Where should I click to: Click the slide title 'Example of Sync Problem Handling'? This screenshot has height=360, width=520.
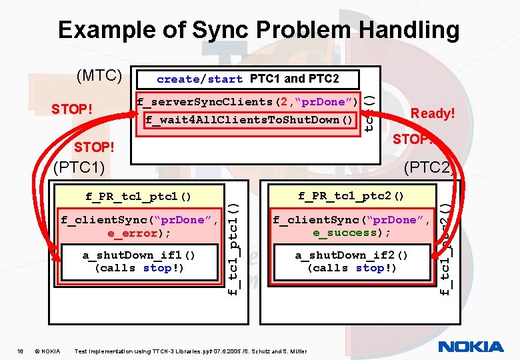(259, 30)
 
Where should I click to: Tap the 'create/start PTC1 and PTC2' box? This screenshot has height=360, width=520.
(247, 79)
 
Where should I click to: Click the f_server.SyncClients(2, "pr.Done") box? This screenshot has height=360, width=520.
(247, 102)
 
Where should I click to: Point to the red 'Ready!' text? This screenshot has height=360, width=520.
(433, 113)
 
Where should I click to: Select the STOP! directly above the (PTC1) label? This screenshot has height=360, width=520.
(93, 146)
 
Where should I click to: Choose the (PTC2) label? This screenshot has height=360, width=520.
(428, 166)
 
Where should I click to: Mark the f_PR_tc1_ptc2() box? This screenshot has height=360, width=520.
(351, 196)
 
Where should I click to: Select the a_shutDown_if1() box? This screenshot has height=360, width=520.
(139, 261)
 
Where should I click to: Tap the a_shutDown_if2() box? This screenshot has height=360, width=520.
(351, 261)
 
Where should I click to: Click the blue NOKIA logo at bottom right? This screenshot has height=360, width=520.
(471, 347)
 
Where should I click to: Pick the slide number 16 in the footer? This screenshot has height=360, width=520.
(20, 351)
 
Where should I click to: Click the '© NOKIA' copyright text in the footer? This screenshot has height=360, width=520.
(47, 351)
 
